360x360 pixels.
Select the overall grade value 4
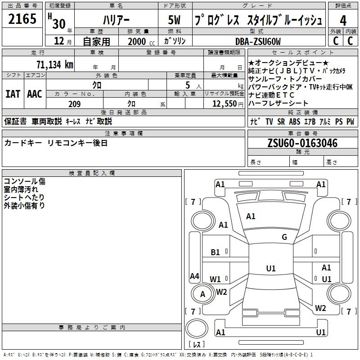343,21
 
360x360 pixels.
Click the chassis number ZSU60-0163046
302,143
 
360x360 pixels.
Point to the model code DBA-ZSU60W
258,41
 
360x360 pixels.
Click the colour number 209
74,104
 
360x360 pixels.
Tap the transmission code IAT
13,94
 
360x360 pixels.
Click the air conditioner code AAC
35,94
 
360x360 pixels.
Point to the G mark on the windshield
284,237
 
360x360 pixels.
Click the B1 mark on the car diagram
216,252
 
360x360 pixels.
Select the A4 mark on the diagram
194,276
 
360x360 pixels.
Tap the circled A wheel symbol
202,294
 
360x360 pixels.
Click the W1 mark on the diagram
216,279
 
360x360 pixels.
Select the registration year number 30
58,22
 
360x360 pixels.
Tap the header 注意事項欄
123,133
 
